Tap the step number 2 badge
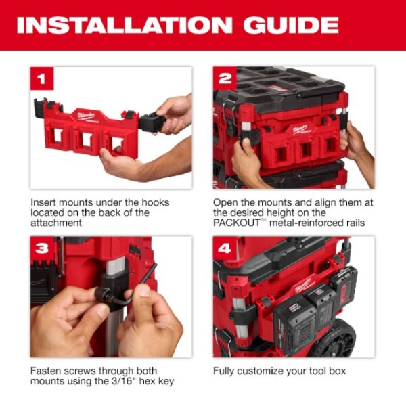tap(225, 79)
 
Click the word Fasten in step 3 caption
tap(47, 371)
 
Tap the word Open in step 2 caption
tap(226, 202)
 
